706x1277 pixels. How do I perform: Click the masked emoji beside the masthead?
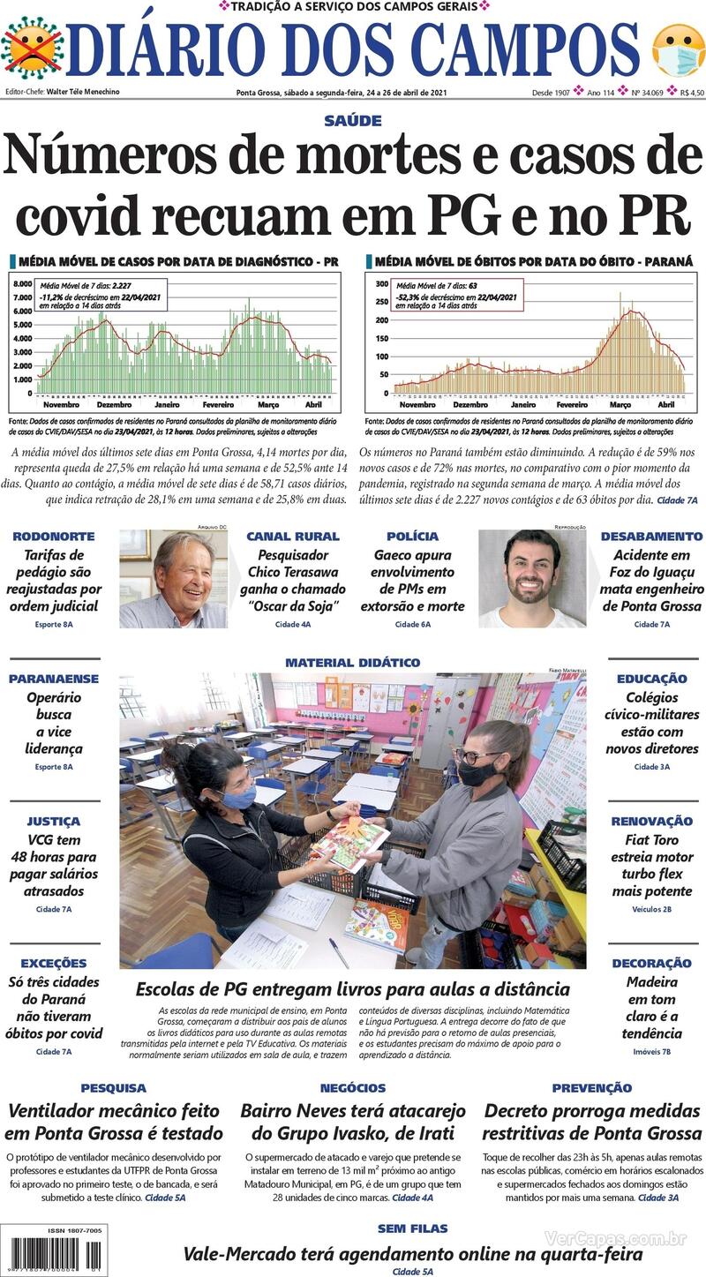[x=678, y=49]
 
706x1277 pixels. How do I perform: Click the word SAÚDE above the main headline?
[x=352, y=121]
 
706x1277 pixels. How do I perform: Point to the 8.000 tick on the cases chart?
[x=22, y=284]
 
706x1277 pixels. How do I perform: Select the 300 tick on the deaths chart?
[x=382, y=284]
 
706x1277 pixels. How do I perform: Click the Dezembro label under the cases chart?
[x=114, y=404]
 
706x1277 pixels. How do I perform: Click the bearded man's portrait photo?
[x=531, y=578]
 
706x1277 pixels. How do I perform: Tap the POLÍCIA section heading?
[x=412, y=537]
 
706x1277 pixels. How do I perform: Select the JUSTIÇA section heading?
[x=53, y=822]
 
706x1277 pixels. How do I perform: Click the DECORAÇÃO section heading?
[x=651, y=963]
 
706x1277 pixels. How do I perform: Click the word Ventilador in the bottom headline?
[x=61, y=1110]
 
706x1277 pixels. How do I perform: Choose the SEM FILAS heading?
[x=412, y=1228]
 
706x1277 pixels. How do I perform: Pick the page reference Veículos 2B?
[x=651, y=909]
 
